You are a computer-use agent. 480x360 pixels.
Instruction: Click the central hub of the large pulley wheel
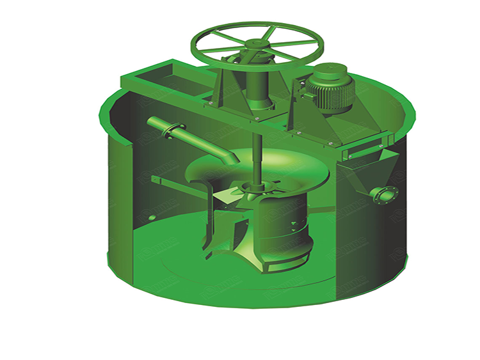[257, 45]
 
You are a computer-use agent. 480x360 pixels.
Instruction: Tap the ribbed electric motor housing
[329, 89]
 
